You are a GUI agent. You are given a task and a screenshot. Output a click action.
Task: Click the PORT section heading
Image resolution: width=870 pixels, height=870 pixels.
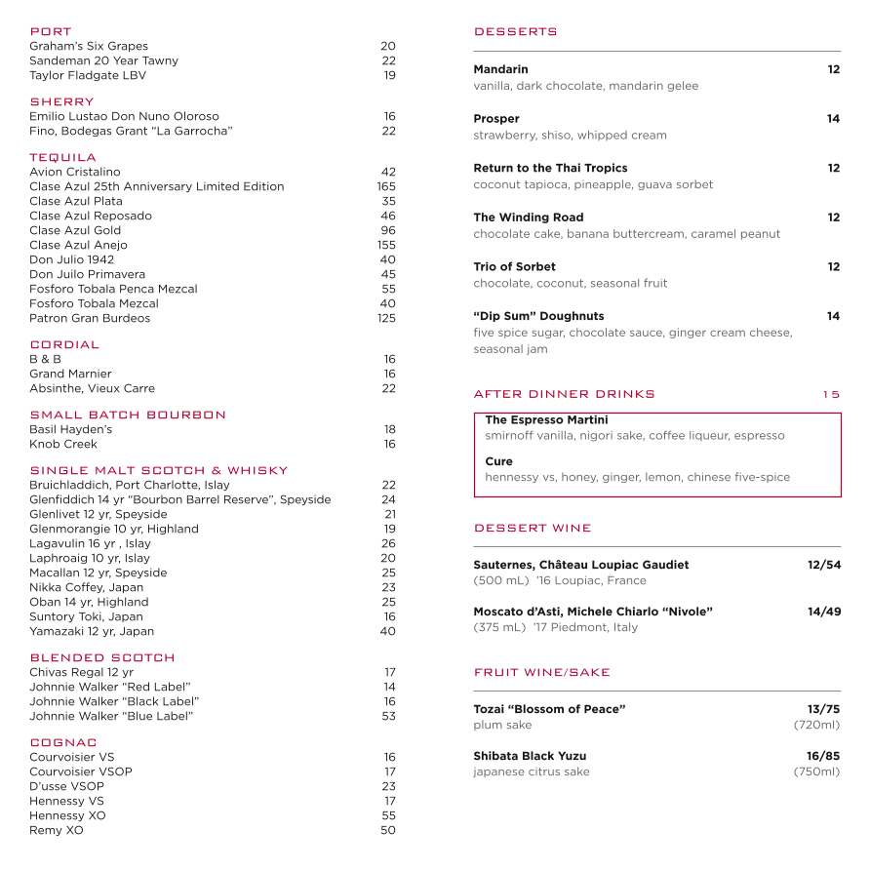tap(51, 31)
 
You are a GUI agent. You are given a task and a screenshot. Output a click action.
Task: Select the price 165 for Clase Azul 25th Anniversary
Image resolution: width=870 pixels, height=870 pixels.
tap(386, 186)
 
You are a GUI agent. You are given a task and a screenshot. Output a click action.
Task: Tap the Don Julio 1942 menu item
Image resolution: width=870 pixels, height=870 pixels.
tap(71, 259)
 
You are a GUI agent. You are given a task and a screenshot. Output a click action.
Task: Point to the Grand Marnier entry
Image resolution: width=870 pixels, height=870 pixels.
tap(70, 374)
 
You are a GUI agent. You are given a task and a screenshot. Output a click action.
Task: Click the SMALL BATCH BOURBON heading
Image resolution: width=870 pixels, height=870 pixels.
tap(128, 415)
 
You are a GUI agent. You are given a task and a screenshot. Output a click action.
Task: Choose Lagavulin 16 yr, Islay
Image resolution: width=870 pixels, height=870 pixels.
tap(90, 543)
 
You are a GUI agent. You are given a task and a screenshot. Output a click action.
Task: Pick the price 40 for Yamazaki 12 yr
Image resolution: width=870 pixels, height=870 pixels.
tap(388, 631)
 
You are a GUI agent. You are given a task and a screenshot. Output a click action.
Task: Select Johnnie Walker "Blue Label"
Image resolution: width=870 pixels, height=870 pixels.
tap(111, 716)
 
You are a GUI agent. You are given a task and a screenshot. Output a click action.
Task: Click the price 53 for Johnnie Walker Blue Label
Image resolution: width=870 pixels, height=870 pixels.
tap(389, 716)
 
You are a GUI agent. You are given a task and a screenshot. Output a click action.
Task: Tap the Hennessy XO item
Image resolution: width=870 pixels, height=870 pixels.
tap(67, 815)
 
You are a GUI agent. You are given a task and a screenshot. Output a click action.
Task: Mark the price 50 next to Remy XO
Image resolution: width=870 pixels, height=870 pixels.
tap(388, 830)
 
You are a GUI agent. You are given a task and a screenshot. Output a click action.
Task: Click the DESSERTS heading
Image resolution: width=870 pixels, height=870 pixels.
tap(515, 31)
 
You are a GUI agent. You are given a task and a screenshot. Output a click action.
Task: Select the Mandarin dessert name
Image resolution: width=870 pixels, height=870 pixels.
tap(500, 69)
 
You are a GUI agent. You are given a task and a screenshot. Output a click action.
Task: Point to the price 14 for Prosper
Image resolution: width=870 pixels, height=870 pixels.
tap(833, 119)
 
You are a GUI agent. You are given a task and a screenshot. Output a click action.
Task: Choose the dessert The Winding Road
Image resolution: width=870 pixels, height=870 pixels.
tap(529, 217)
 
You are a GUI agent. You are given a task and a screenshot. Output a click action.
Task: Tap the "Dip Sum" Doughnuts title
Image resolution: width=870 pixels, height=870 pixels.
tap(538, 316)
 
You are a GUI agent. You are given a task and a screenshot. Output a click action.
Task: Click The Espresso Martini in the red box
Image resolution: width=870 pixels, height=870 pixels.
tap(546, 420)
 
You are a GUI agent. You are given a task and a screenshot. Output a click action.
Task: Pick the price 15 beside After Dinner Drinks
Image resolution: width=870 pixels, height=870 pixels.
tap(830, 394)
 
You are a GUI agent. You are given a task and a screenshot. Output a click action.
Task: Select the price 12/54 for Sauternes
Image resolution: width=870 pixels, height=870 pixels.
tap(823, 565)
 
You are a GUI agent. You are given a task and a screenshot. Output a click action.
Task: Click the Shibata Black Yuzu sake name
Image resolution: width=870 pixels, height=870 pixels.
tap(530, 756)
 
